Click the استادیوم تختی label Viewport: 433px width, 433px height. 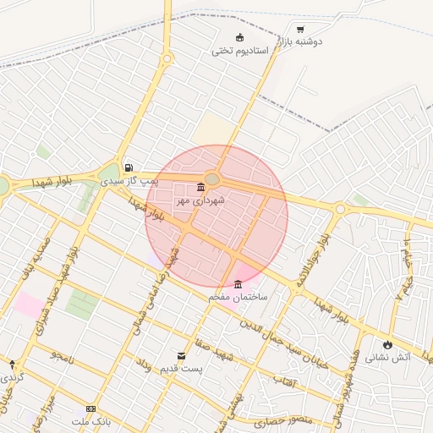pyautogui.click(x=239, y=52)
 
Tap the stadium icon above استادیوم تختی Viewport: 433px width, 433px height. pyautogui.click(x=239, y=37)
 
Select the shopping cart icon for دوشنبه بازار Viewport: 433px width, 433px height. pyautogui.click(x=300, y=29)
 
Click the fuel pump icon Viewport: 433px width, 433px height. pyautogui.click(x=129, y=167)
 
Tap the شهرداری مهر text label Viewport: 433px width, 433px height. pyautogui.click(x=195, y=201)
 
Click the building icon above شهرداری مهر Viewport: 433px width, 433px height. pyautogui.click(x=200, y=187)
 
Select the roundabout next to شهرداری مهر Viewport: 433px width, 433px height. pyautogui.click(x=212, y=178)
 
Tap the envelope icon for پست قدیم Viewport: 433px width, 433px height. pyautogui.click(x=181, y=356)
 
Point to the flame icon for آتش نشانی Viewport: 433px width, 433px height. pyautogui.click(x=387, y=345)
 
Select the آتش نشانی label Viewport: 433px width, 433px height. pyautogui.click(x=388, y=358)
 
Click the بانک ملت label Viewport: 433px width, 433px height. pyautogui.click(x=91, y=421)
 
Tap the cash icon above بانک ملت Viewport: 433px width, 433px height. pyautogui.click(x=91, y=408)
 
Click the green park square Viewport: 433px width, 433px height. pyautogui.click(x=81, y=304)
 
